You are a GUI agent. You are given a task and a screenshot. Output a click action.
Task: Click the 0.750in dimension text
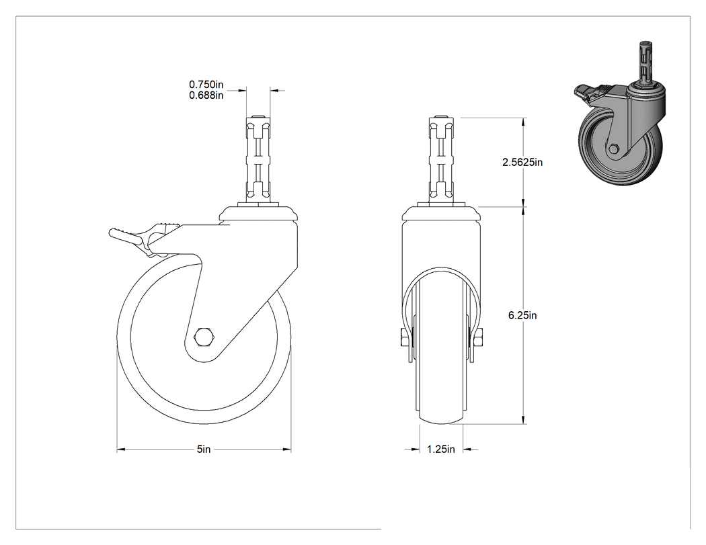click(x=206, y=84)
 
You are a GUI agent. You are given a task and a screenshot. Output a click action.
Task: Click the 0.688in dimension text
click(x=206, y=95)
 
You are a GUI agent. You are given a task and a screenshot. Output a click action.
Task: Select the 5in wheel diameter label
click(x=204, y=449)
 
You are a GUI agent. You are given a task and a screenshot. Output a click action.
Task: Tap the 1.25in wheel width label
click(x=441, y=449)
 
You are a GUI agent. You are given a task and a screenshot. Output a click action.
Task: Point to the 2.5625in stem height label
click(x=522, y=163)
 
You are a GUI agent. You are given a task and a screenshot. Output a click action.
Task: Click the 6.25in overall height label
click(x=522, y=315)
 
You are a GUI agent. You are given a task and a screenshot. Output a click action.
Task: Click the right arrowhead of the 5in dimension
click(x=287, y=449)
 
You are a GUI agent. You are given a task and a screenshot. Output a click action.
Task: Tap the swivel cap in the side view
click(x=259, y=213)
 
